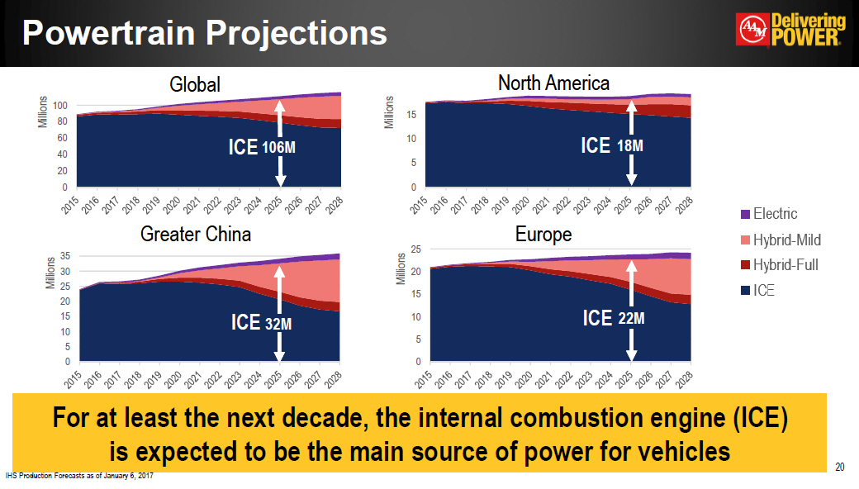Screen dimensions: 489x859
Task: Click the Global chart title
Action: tap(195, 84)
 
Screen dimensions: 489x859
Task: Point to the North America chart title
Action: tap(553, 83)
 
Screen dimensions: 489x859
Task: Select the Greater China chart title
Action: tap(196, 235)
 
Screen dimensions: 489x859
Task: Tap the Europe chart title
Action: tap(543, 235)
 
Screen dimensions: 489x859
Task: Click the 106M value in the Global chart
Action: tap(278, 149)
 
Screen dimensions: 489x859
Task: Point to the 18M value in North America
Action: tap(630, 146)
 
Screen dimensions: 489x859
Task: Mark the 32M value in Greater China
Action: tap(278, 324)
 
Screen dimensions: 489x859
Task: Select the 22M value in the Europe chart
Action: tap(629, 319)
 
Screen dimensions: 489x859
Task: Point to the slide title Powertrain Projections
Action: tap(205, 33)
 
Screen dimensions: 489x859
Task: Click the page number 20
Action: tap(840, 468)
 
